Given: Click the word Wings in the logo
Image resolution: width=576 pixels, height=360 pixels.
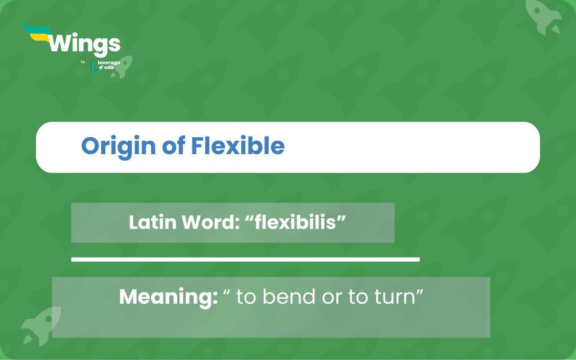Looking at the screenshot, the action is (84, 44).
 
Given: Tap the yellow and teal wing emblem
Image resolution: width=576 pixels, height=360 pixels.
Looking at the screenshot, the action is (37, 32).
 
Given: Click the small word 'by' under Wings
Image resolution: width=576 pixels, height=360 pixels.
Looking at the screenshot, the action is (83, 62).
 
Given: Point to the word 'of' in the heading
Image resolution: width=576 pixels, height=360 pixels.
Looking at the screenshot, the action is (173, 146).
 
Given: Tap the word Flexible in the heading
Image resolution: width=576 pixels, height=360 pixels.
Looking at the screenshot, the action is (238, 146).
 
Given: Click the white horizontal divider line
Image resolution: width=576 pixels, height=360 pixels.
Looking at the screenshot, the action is (245, 259).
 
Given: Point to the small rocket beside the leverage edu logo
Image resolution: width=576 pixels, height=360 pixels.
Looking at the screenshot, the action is (121, 67).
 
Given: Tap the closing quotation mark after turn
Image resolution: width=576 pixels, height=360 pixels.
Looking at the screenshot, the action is (420, 292).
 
